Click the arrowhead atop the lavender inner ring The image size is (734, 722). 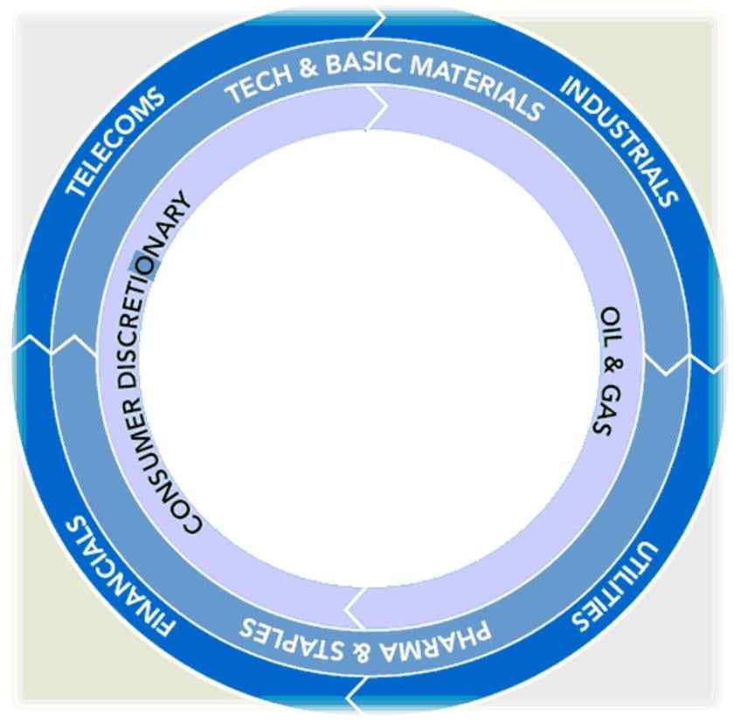pos(381,108)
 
